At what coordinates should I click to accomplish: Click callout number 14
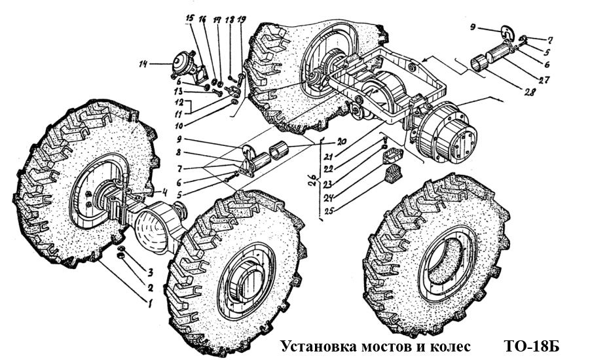point(144,63)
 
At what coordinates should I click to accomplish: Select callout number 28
point(529,93)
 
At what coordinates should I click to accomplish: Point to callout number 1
point(150,304)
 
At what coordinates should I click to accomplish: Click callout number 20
point(341,140)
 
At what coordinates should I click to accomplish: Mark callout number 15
point(190,20)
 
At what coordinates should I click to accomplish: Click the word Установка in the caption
point(314,346)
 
